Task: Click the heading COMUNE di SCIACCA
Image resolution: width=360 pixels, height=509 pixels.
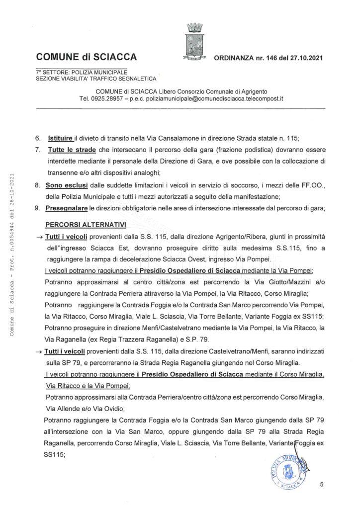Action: [86, 57]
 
